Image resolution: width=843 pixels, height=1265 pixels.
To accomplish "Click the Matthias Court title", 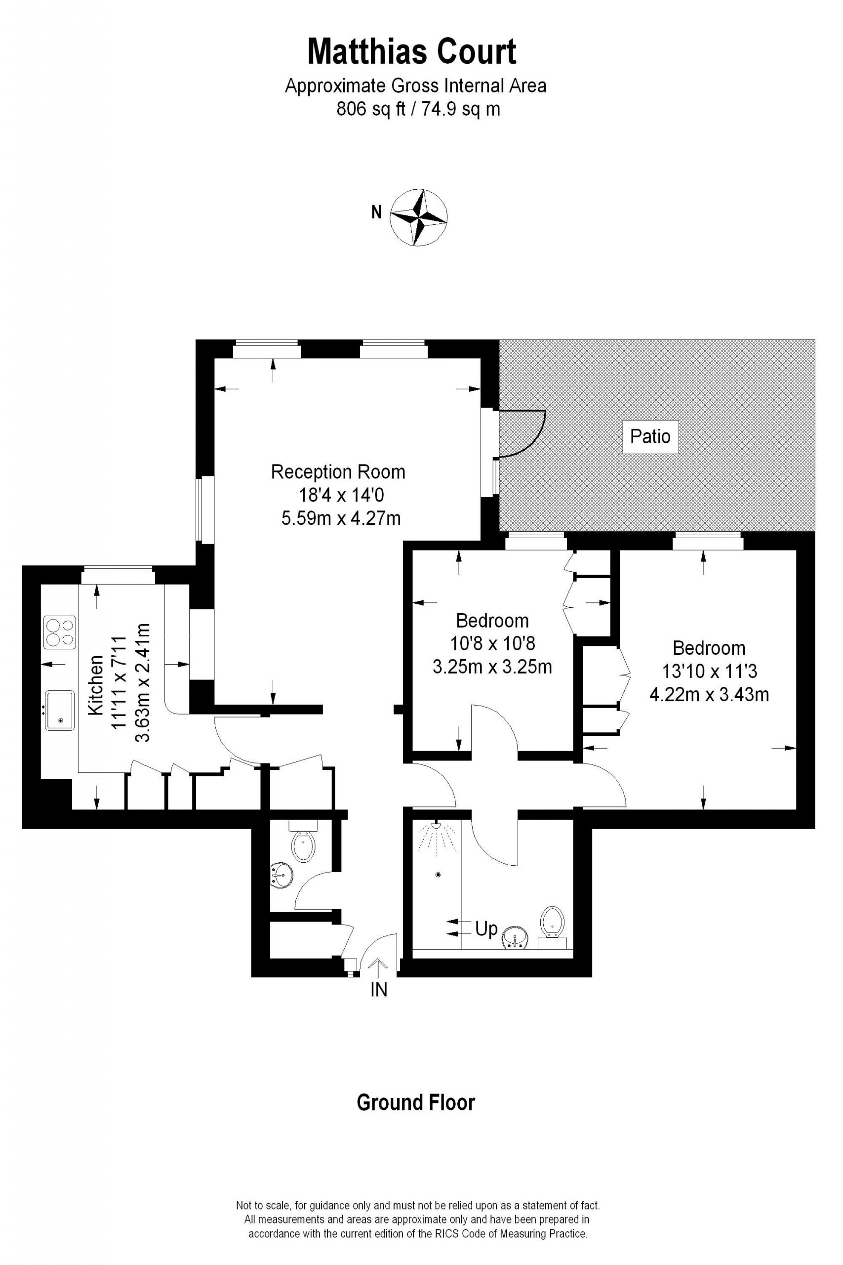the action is (412, 52).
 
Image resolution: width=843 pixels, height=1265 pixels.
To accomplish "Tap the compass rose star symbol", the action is (418, 218).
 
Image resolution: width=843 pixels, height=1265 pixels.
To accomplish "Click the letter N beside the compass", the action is (376, 213).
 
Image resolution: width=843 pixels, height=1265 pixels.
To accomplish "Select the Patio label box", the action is (650, 436).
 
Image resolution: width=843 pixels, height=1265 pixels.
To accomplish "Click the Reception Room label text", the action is (338, 472).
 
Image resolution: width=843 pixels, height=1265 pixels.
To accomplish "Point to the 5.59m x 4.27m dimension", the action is (341, 518).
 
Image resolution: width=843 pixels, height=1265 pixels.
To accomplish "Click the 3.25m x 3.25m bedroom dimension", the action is (492, 667).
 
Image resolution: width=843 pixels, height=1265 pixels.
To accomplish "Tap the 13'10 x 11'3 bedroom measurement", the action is (709, 671).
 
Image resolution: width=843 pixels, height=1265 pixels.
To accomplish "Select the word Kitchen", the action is (96, 685).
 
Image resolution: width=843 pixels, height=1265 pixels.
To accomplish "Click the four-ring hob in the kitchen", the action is (60, 632).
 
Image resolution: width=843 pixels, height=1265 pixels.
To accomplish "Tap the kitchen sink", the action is (60, 710).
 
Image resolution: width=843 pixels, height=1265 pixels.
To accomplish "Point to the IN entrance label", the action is (378, 990).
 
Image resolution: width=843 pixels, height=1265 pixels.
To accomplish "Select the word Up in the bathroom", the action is (486, 929).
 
